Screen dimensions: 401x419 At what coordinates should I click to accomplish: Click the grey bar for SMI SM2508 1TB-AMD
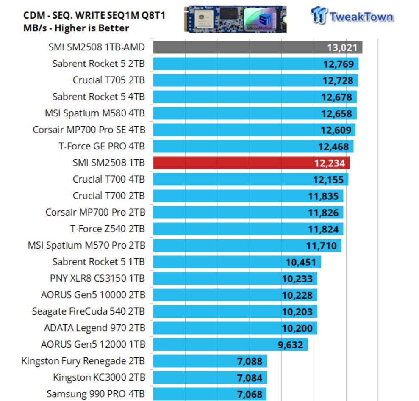tap(237, 47)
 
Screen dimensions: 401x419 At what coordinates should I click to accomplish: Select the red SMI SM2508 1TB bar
tap(233, 163)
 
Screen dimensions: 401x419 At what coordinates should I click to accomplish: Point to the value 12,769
tap(337, 64)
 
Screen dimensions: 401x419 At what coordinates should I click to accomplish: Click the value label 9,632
tap(291, 345)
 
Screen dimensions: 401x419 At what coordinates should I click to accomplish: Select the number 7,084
tap(250, 378)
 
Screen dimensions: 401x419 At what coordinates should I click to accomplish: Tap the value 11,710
tap(321, 246)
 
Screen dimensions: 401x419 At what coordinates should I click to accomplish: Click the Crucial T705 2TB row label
tap(108, 80)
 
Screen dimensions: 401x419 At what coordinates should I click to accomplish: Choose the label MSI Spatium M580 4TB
tap(94, 113)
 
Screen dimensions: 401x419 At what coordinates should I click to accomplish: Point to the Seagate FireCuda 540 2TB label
tap(88, 312)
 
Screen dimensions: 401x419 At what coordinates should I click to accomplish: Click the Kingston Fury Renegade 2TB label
tap(83, 361)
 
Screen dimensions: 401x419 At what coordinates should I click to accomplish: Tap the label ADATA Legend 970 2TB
tap(94, 328)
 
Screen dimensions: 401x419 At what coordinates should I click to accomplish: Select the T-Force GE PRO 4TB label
tap(101, 147)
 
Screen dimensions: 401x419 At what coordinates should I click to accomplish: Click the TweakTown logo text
tap(361, 17)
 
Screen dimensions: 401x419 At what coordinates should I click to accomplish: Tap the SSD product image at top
tap(236, 19)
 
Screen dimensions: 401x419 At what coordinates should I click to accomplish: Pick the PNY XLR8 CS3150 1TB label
tap(97, 279)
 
